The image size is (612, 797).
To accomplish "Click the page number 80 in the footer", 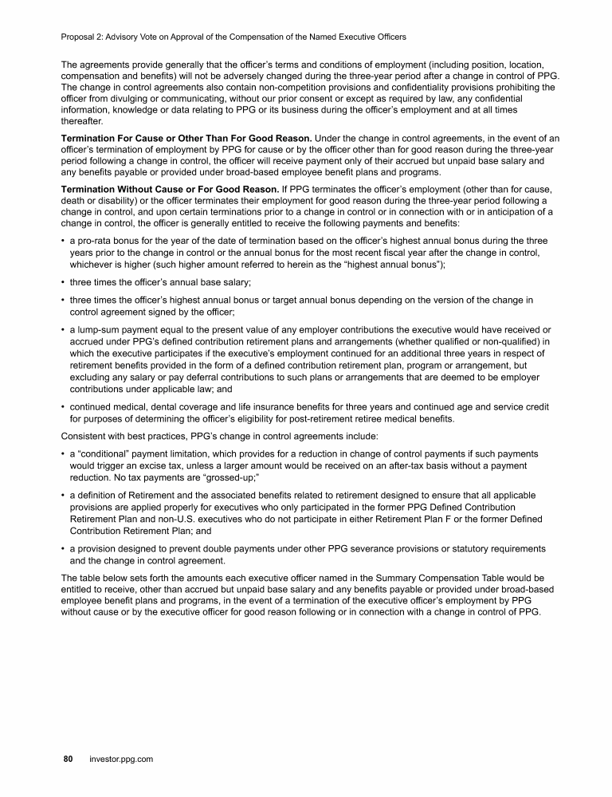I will point(68,760).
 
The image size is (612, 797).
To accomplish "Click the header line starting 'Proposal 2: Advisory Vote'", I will point(233,37).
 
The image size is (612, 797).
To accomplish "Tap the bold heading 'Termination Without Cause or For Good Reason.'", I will point(169,188).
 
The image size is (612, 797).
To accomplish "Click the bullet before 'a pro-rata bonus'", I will point(63,241).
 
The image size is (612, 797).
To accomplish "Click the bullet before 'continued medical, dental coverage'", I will point(63,407).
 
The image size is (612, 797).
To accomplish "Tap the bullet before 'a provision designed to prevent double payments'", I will point(63,549).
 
